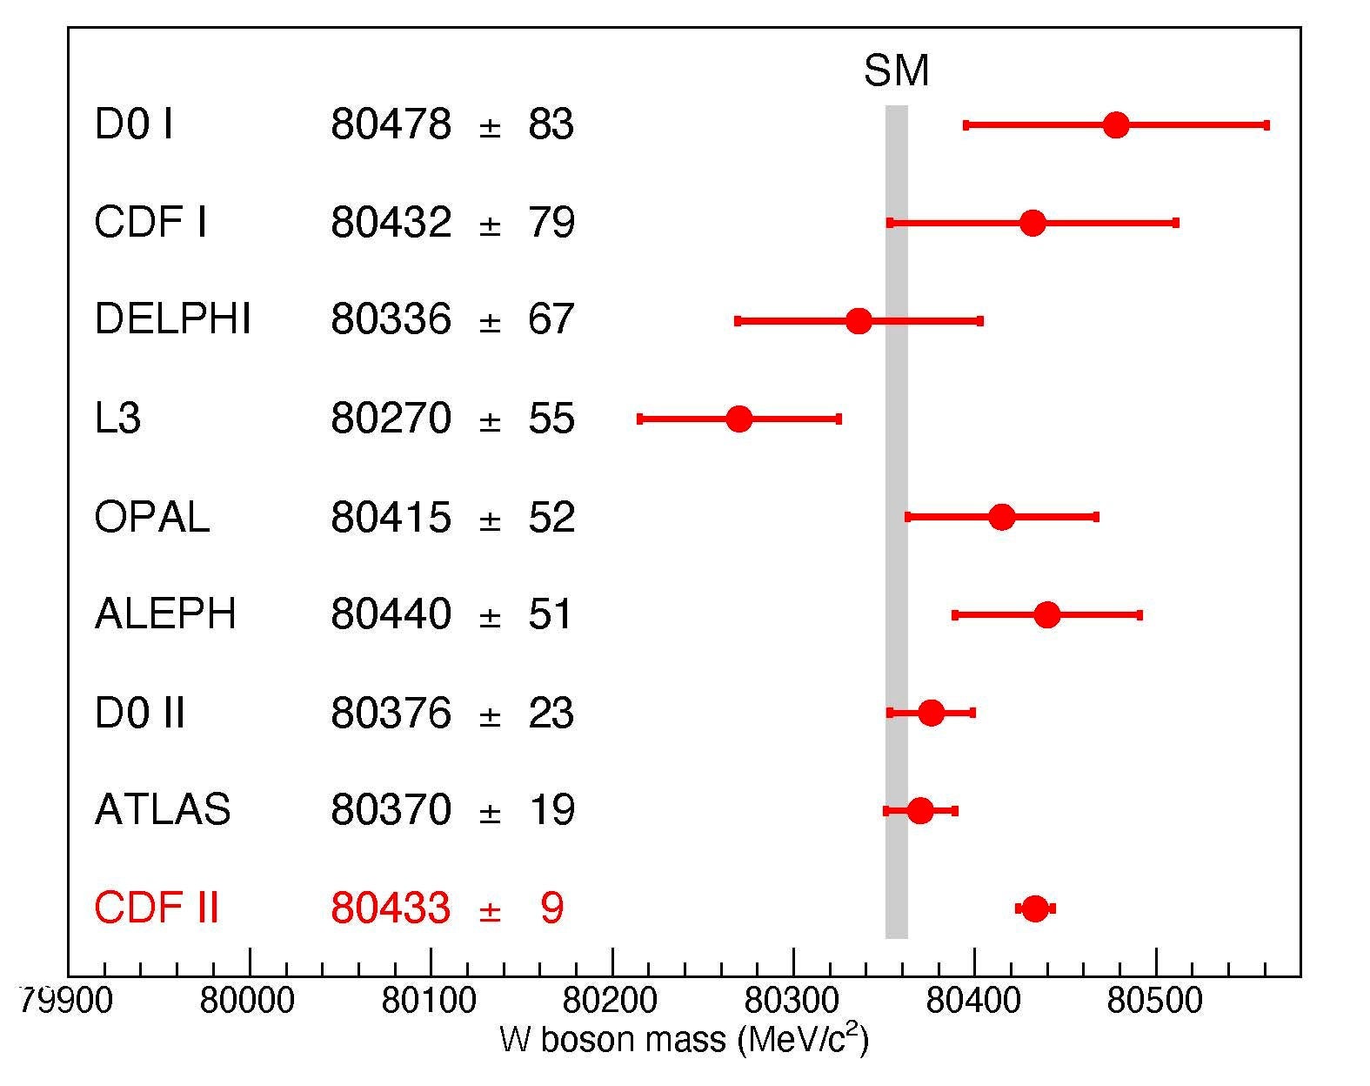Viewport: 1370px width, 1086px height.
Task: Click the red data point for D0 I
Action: pyautogui.click(x=1115, y=125)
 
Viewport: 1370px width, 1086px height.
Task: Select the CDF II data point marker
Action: pyautogui.click(x=1034, y=908)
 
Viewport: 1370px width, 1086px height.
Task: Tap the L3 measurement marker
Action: pyautogui.click(x=738, y=419)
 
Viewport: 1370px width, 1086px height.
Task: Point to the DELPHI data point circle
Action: pyautogui.click(x=859, y=321)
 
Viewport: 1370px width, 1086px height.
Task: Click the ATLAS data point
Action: pyautogui.click(x=920, y=811)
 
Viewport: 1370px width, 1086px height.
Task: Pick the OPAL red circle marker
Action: pyautogui.click(x=1002, y=517)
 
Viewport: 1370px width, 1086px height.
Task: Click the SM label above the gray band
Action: pyautogui.click(x=896, y=71)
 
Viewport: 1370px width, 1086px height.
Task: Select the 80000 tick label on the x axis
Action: pyautogui.click(x=249, y=1001)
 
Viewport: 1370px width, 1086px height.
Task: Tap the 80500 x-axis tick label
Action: pyautogui.click(x=1155, y=1001)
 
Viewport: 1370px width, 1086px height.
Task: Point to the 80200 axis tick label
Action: pyautogui.click(x=611, y=1001)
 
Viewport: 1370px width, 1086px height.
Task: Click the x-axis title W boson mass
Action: pyautogui.click(x=684, y=1040)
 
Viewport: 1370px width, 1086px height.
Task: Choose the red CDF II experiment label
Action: pyautogui.click(x=156, y=908)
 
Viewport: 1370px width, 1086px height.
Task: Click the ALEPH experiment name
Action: pyautogui.click(x=165, y=614)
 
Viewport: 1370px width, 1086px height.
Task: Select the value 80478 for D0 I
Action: pyautogui.click(x=391, y=125)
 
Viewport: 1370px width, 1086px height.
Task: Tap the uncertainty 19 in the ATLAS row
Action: pyautogui.click(x=551, y=811)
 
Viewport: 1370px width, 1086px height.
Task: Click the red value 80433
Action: pyautogui.click(x=391, y=908)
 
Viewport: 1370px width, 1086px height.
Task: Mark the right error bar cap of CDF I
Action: pyautogui.click(x=1176, y=223)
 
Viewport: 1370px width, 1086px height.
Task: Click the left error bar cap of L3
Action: pyautogui.click(x=640, y=419)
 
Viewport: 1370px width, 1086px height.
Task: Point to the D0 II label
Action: pyautogui.click(x=139, y=714)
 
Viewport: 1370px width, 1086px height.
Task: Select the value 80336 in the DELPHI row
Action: pyautogui.click(x=391, y=321)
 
